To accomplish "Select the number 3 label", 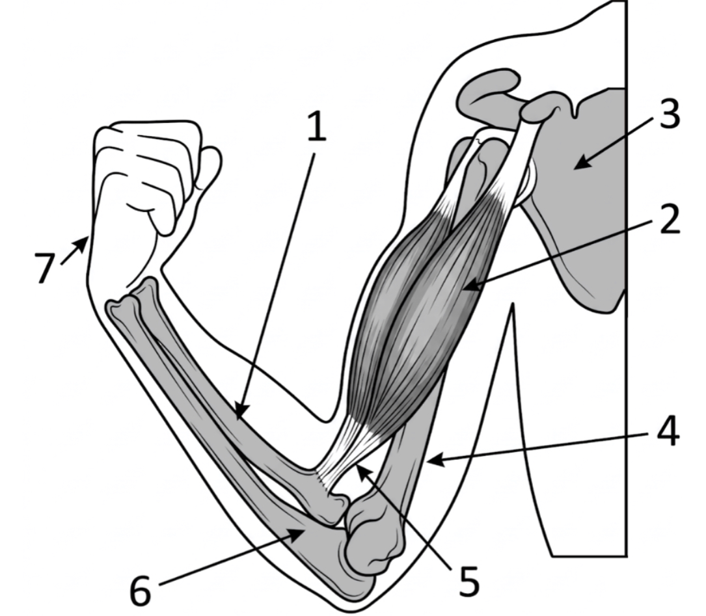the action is tap(670, 114).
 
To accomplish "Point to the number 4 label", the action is tap(668, 431).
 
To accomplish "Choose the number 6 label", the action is tap(140, 590).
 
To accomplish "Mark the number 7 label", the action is tap(45, 268).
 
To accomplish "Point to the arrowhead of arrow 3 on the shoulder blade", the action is tap(582, 162).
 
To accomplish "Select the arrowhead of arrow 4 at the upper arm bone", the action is tap(435, 461).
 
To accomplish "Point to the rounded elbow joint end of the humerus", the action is tap(373, 535).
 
